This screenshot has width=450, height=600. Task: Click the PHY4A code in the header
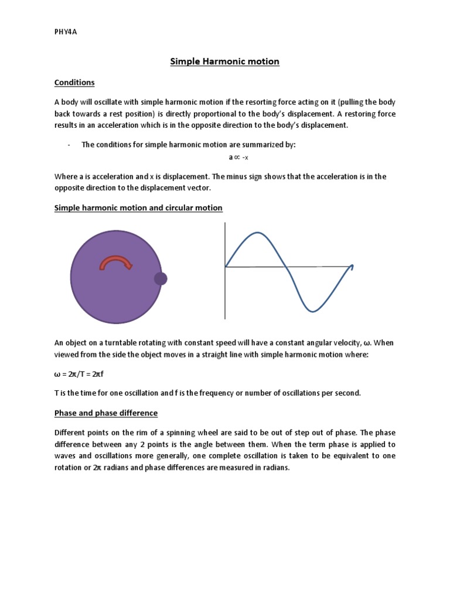pyautogui.click(x=66, y=32)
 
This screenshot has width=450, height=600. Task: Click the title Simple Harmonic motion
pyautogui.click(x=224, y=61)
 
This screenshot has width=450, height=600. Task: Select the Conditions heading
pyautogui.click(x=74, y=83)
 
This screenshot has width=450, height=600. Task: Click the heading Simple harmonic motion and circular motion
pyautogui.click(x=138, y=208)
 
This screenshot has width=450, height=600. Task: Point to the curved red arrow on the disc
pyautogui.click(x=116, y=262)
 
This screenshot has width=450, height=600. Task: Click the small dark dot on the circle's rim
pyautogui.click(x=161, y=279)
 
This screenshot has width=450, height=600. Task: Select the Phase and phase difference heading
pyautogui.click(x=106, y=413)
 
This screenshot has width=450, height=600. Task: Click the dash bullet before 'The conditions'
pyautogui.click(x=69, y=145)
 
